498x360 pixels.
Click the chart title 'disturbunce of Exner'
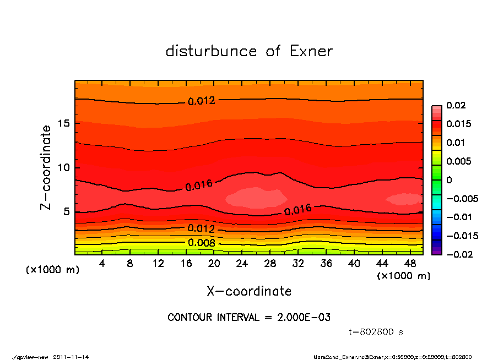(249, 51)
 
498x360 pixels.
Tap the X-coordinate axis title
(249, 291)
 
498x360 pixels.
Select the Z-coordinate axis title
(46, 167)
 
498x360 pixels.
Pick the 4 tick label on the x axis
(102, 264)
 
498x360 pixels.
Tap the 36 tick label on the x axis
(327, 264)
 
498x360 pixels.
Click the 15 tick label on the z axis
(64, 123)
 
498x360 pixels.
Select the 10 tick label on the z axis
(64, 167)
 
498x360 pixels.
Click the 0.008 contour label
(201, 243)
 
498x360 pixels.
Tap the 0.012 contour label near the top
(201, 101)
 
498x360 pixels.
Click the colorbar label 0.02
(457, 105)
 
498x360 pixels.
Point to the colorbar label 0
(449, 179)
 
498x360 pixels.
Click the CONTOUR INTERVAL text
(249, 318)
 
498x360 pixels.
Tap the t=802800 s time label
(376, 332)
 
